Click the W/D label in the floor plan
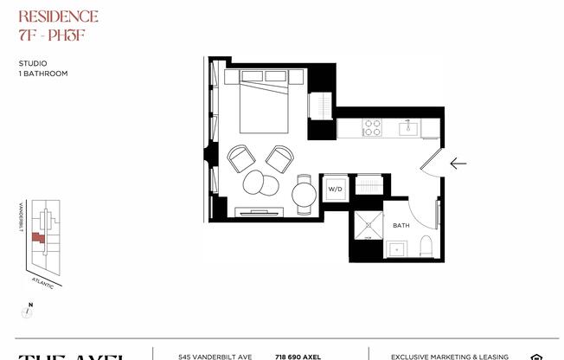point(335,188)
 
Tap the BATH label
point(401,225)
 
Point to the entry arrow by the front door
point(458,163)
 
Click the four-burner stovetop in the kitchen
point(372,127)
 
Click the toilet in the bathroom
point(425,245)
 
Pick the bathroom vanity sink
point(399,247)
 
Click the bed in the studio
point(266,105)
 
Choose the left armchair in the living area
point(241,158)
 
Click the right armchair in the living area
point(279,158)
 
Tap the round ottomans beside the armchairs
point(260,183)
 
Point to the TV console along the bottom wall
point(259,211)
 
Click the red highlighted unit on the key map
point(37,236)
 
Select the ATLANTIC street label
point(42,282)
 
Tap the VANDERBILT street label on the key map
point(20,216)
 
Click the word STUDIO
point(33,63)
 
